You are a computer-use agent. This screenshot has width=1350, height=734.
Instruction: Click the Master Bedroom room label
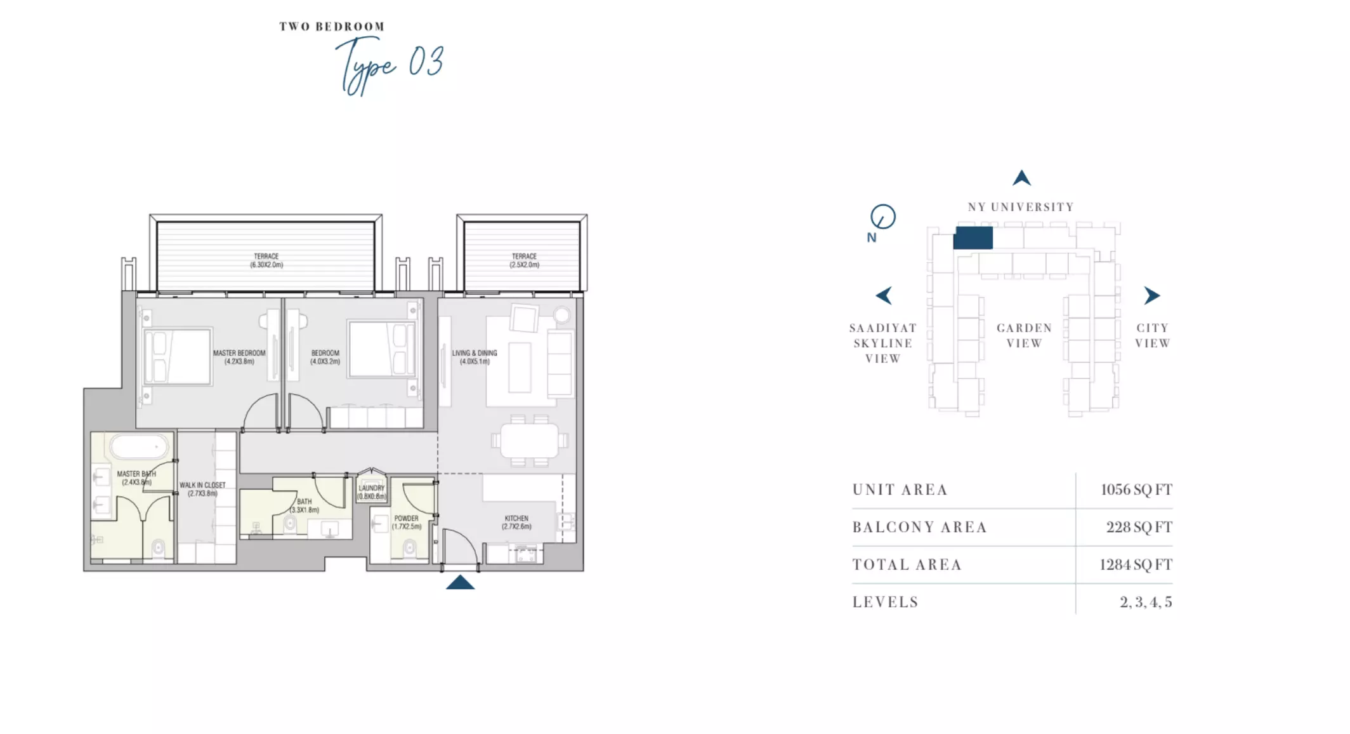(x=239, y=357)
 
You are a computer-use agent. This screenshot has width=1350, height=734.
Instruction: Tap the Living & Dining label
(x=475, y=357)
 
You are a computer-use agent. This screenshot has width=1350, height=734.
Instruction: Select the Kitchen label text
(x=516, y=522)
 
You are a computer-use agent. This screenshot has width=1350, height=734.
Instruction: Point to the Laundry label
(x=372, y=492)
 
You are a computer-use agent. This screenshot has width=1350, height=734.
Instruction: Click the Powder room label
(x=407, y=522)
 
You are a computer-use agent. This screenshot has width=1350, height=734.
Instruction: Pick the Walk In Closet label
(x=202, y=489)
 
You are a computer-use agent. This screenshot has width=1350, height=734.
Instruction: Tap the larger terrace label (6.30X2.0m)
(x=266, y=260)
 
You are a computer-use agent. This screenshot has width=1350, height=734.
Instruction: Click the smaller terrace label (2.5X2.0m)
(x=525, y=260)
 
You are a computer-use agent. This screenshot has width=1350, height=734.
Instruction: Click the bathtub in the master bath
(x=140, y=447)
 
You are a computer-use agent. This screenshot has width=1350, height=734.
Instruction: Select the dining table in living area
(x=529, y=440)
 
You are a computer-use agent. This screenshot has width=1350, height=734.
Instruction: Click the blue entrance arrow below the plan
(x=461, y=582)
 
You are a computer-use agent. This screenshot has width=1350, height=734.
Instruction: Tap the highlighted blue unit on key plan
(x=973, y=238)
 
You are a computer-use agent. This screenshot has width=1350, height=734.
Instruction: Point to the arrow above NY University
(x=1021, y=178)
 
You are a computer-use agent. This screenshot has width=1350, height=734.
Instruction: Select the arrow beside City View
(x=1152, y=295)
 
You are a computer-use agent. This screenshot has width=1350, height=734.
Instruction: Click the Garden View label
(x=1024, y=335)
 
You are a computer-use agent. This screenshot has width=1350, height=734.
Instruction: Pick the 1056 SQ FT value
(x=1136, y=490)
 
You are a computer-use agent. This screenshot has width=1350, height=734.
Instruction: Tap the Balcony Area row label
(x=919, y=527)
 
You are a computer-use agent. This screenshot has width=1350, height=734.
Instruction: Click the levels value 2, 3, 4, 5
(x=1146, y=602)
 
